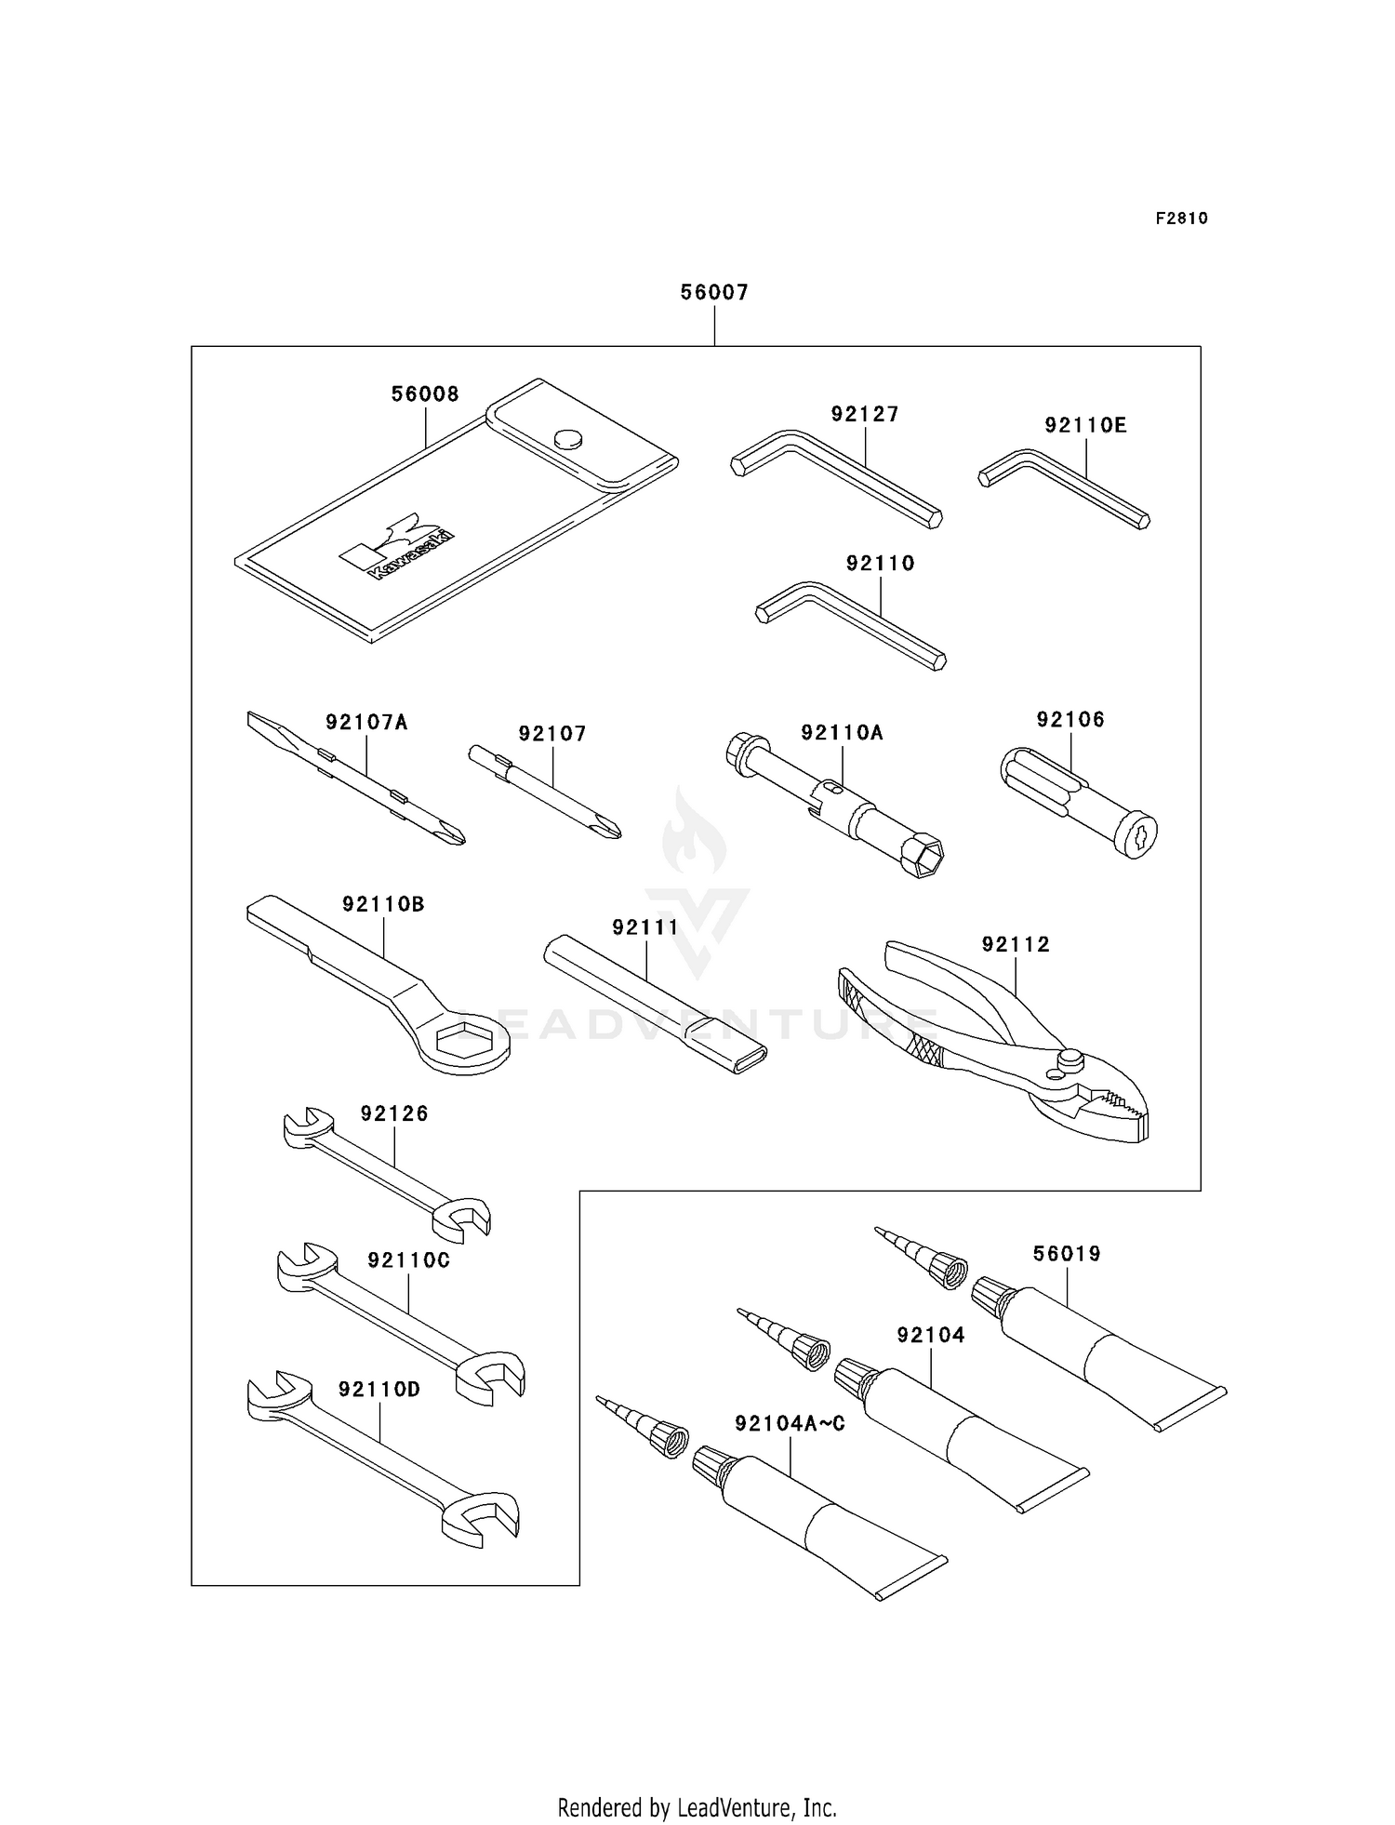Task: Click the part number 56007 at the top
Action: pyautogui.click(x=714, y=292)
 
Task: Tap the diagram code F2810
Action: pyautogui.click(x=1182, y=219)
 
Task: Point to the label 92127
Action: pyautogui.click(x=865, y=414)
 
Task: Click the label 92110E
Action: pyautogui.click(x=1085, y=425)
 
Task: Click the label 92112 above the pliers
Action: pyautogui.click(x=1016, y=944)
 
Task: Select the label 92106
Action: pyautogui.click(x=1070, y=719)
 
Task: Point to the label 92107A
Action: pyautogui.click(x=366, y=721)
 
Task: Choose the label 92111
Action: pyautogui.click(x=645, y=927)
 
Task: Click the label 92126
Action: pyautogui.click(x=394, y=1113)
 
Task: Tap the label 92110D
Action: pyautogui.click(x=379, y=1390)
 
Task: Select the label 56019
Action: pyautogui.click(x=1067, y=1254)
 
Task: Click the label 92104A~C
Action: pyautogui.click(x=790, y=1424)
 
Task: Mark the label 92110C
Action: pyautogui.click(x=408, y=1260)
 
